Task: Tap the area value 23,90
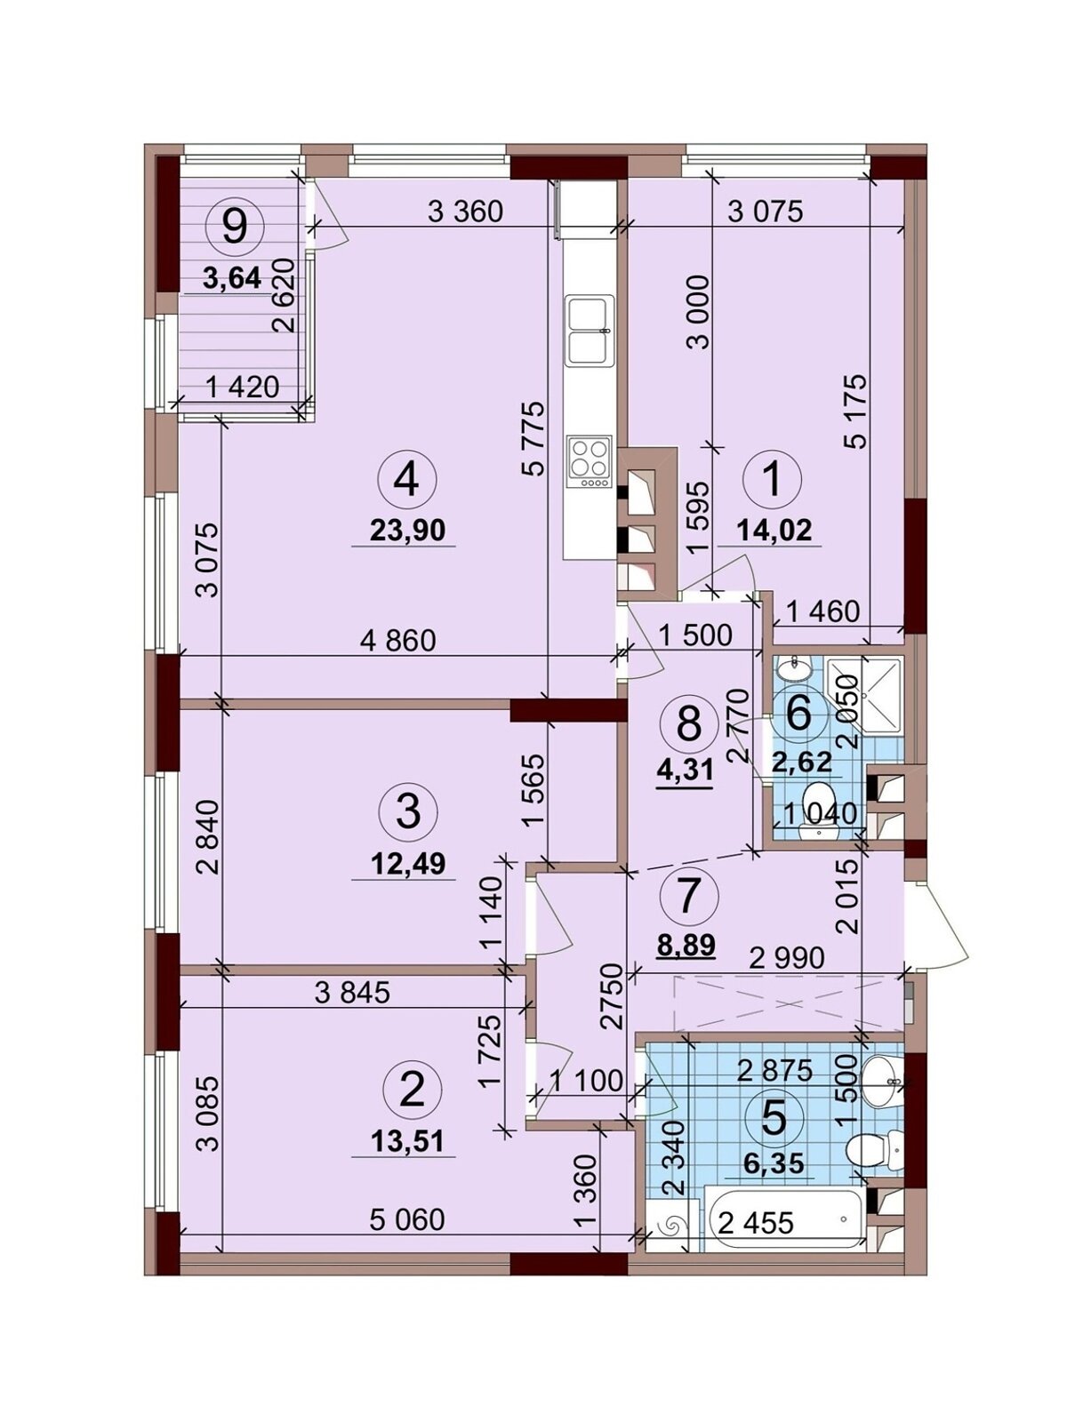pyautogui.click(x=408, y=531)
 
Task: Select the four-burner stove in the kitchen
pyautogui.click(x=589, y=462)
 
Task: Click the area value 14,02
pyautogui.click(x=774, y=531)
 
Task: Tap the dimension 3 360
pyautogui.click(x=466, y=212)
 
